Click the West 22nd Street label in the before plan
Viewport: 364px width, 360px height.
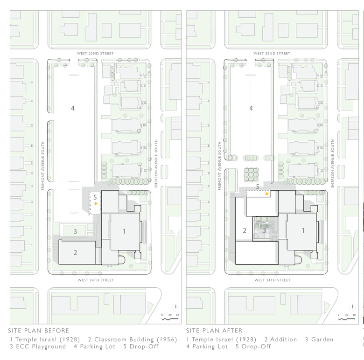click(x=95, y=53)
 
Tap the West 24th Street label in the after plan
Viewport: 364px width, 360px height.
click(x=273, y=280)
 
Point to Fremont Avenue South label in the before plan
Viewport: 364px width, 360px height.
click(x=43, y=166)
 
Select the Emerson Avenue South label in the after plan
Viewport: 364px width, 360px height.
click(x=333, y=163)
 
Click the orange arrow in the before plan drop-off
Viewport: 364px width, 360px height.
click(x=96, y=204)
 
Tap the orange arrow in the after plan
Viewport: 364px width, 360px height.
click(x=267, y=194)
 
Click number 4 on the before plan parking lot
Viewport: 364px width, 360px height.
click(x=73, y=108)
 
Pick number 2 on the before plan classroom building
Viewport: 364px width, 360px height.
click(x=75, y=252)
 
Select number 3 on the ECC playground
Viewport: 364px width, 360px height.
click(x=75, y=231)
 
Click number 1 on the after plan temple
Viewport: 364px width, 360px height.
click(x=303, y=230)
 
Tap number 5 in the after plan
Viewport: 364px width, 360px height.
click(x=258, y=187)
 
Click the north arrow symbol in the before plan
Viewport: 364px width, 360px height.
click(x=176, y=307)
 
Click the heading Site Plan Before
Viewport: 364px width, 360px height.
click(x=39, y=331)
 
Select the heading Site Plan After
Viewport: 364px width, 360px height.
click(x=214, y=331)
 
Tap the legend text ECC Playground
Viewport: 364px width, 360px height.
click(x=41, y=346)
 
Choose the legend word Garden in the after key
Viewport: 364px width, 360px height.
click(x=322, y=339)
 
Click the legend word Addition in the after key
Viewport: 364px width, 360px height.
click(x=283, y=339)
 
